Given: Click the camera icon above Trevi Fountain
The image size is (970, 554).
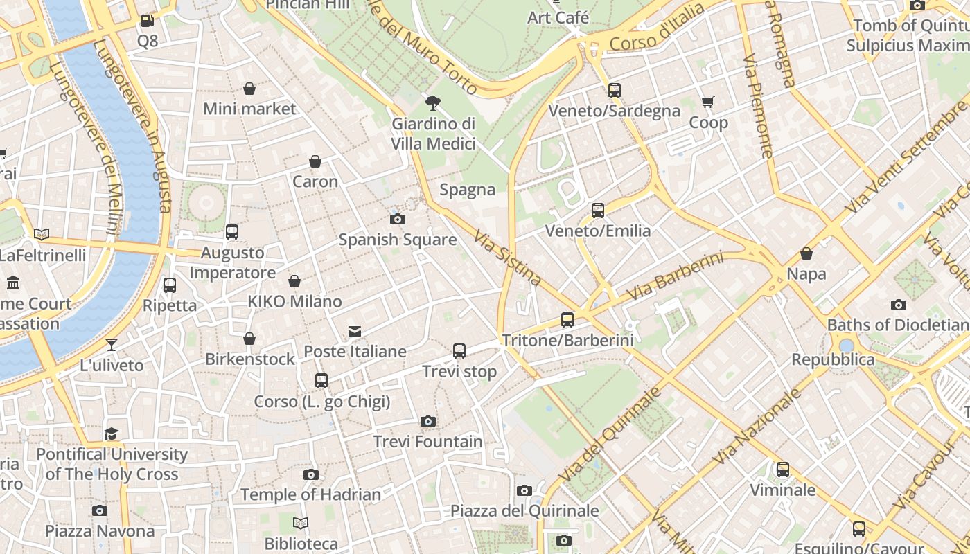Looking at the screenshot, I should [x=428, y=421].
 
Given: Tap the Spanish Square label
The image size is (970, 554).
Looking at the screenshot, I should [x=397, y=240].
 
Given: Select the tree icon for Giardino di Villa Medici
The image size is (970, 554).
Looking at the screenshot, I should [x=433, y=104].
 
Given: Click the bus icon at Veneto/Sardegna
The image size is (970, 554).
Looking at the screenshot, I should [x=614, y=90].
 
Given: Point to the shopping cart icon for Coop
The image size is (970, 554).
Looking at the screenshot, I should [x=707, y=102].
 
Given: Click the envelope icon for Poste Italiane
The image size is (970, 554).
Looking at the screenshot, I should [x=355, y=331].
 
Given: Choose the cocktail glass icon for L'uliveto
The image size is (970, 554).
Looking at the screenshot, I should [x=111, y=345].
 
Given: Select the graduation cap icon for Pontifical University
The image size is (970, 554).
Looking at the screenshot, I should [x=111, y=434].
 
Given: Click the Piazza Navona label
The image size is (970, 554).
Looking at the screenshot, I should [x=100, y=531].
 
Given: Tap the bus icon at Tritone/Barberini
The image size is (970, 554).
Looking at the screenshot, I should [x=567, y=320].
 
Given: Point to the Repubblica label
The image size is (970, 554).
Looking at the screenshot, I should [x=833, y=359].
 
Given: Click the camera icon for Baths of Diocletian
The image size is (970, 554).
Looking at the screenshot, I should [x=898, y=305].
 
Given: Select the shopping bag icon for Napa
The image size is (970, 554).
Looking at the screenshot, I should [x=806, y=253].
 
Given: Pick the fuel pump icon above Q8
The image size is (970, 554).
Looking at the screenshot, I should [x=147, y=21].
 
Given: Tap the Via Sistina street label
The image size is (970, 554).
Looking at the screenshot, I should [x=508, y=258].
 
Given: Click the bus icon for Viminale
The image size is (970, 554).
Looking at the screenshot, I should [x=783, y=470].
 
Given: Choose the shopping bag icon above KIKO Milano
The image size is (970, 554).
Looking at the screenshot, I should [x=294, y=281].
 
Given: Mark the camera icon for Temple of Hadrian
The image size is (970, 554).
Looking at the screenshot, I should [x=311, y=474].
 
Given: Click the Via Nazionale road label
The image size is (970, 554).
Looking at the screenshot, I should [x=757, y=426].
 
